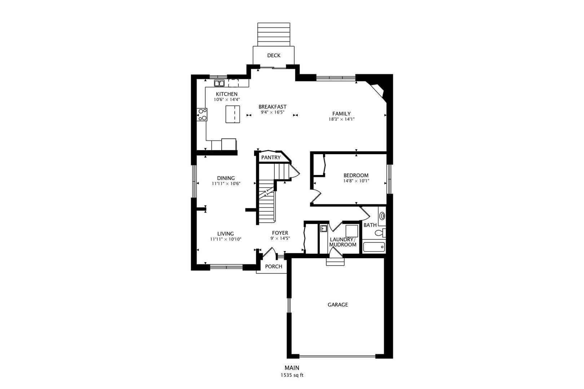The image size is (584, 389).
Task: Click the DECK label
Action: (274, 55)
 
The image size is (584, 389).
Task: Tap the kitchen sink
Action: (219, 83)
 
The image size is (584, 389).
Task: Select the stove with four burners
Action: (202, 115)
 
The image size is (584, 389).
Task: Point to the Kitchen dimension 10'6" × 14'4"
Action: (226, 99)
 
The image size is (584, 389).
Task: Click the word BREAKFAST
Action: (273, 107)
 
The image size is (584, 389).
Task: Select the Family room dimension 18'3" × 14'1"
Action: (341, 119)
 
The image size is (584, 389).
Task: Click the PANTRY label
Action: (271, 157)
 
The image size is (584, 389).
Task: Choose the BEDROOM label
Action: (356, 175)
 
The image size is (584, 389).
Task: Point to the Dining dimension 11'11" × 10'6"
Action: (226, 184)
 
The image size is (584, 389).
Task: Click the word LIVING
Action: (226, 234)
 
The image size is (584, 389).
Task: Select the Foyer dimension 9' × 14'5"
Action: (280, 238)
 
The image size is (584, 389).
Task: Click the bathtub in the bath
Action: (374, 247)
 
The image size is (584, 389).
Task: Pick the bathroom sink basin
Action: (382, 216)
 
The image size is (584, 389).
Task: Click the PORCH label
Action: (274, 267)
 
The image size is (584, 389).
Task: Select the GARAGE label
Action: (338, 305)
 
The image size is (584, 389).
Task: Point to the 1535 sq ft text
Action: (292, 375)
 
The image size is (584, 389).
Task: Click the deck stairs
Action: (274, 34)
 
